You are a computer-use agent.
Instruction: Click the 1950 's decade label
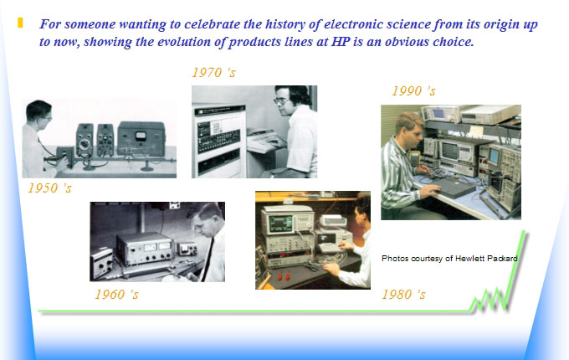coord(49,188)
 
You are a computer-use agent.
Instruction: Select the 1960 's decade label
coord(117,295)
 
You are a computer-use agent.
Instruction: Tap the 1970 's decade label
coord(213,73)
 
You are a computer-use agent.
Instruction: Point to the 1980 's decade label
coord(403,295)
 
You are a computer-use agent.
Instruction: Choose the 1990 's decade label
coord(413,90)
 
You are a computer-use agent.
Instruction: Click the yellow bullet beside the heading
coord(20,23)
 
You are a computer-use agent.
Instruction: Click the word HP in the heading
coord(341,42)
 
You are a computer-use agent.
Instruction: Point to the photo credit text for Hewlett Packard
coord(449,259)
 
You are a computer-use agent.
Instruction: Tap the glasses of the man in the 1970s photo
coord(281,100)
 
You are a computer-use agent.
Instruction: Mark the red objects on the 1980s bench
coord(284,277)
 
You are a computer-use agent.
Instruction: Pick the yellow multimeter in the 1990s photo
coord(414,157)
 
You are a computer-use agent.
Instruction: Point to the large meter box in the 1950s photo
coord(141,139)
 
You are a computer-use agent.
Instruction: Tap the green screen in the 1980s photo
coord(279,222)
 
